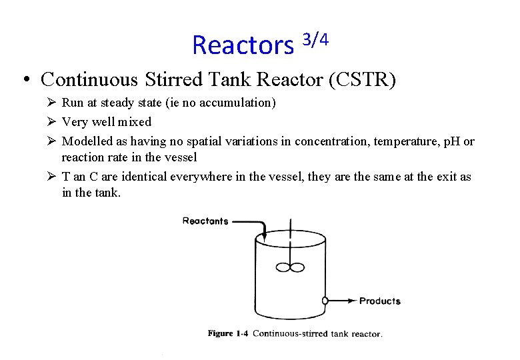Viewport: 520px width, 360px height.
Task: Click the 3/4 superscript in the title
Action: (315, 40)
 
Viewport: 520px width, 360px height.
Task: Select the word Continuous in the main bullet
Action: (89, 79)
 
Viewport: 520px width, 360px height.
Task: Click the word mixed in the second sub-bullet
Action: (136, 121)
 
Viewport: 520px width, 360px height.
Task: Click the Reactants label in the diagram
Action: (205, 221)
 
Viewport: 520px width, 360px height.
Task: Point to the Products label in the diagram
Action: (380, 301)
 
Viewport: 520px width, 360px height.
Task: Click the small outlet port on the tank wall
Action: (325, 301)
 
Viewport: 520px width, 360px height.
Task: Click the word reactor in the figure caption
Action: (366, 333)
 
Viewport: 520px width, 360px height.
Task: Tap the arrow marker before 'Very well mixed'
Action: (52, 121)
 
